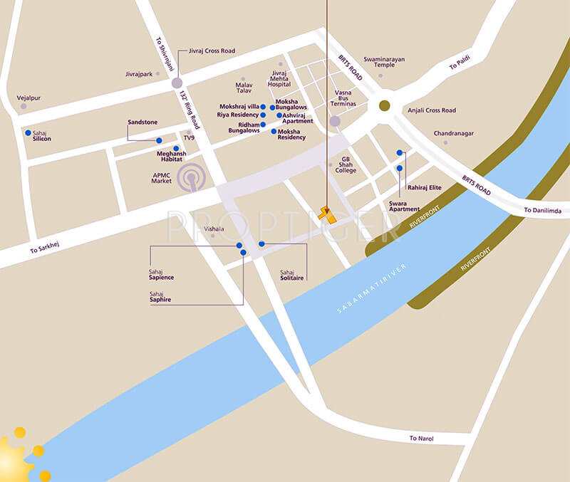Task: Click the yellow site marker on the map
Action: pyautogui.click(x=327, y=214)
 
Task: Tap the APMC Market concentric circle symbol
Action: pyautogui.click(x=192, y=177)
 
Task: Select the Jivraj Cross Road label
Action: pyautogui.click(x=212, y=51)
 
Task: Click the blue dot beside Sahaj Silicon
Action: pyautogui.click(x=28, y=132)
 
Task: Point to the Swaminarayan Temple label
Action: pyautogui.click(x=384, y=62)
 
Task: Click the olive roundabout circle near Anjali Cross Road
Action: pyautogui.click(x=385, y=105)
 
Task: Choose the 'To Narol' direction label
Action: pyautogui.click(x=422, y=439)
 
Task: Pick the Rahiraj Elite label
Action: pyautogui.click(x=425, y=187)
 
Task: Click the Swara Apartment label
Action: pyautogui.click(x=404, y=206)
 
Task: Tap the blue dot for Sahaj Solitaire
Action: pyautogui.click(x=261, y=244)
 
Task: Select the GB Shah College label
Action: pyautogui.click(x=346, y=165)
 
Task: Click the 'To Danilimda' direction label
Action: pyautogui.click(x=542, y=210)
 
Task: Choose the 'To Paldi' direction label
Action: pyautogui.click(x=461, y=65)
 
